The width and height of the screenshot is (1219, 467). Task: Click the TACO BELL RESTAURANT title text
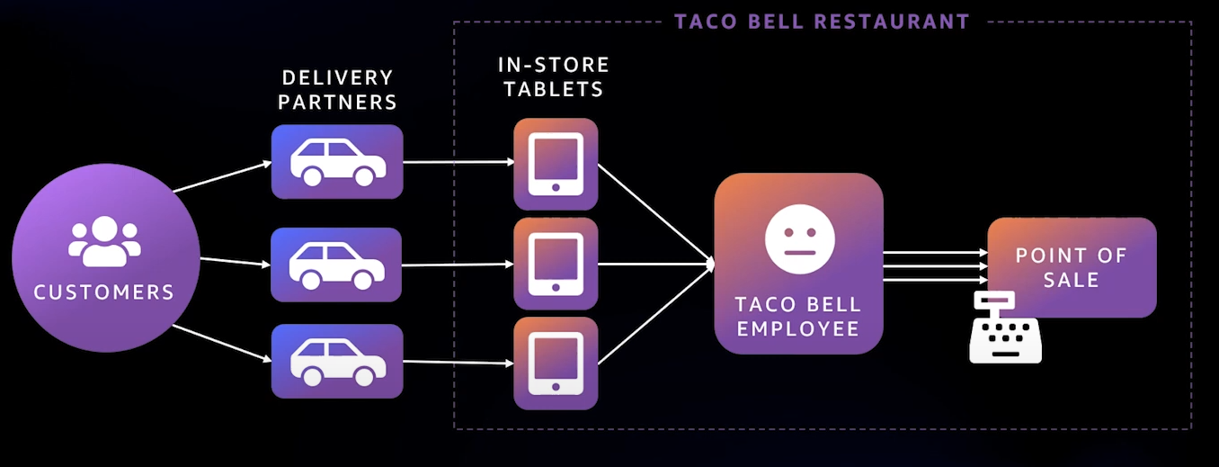pyautogui.click(x=822, y=22)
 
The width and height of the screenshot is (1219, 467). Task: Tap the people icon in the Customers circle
pyautogui.click(x=104, y=241)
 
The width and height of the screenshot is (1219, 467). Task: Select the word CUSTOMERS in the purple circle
pyautogui.click(x=104, y=292)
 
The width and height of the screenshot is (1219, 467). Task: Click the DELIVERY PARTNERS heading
pyautogui.click(x=337, y=90)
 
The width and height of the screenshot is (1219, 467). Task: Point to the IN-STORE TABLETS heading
pyautogui.click(x=554, y=77)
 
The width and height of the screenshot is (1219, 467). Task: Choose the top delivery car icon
pyautogui.click(x=337, y=163)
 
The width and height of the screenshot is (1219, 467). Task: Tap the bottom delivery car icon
pyautogui.click(x=337, y=361)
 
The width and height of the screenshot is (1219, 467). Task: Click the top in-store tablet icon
pyautogui.click(x=556, y=164)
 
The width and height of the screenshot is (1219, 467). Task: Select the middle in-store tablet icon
pyautogui.click(x=556, y=264)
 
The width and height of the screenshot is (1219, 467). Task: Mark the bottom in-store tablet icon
pyautogui.click(x=556, y=363)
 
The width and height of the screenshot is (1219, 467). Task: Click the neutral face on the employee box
pyautogui.click(x=799, y=239)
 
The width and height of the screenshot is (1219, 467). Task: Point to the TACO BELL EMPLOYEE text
pyautogui.click(x=798, y=317)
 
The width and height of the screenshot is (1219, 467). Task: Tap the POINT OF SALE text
pyautogui.click(x=1071, y=267)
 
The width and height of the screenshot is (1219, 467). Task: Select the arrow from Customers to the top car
pyautogui.click(x=222, y=177)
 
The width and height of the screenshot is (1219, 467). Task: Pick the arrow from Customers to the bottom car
pyautogui.click(x=222, y=343)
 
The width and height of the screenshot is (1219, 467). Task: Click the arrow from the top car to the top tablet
pyautogui.click(x=458, y=163)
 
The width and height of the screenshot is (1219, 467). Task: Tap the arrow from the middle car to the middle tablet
pyautogui.click(x=458, y=265)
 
